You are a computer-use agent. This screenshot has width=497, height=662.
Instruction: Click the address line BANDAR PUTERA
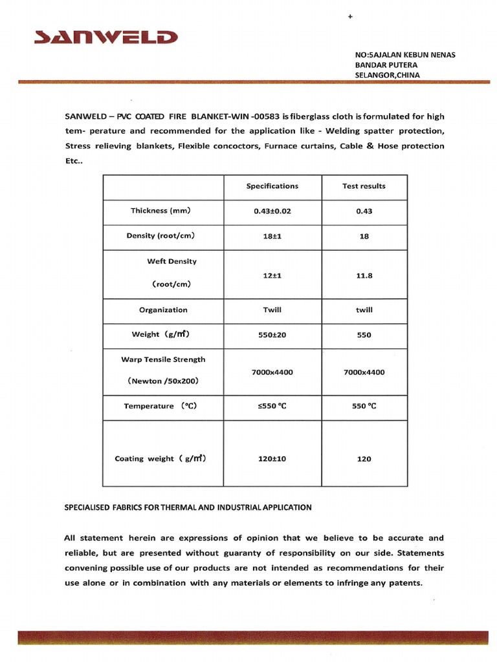(x=386, y=65)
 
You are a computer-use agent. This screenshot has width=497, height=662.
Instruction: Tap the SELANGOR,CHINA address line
(x=387, y=75)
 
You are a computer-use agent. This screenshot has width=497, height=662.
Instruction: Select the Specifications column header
(x=272, y=186)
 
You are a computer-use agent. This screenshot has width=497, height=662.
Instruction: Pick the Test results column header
(x=364, y=186)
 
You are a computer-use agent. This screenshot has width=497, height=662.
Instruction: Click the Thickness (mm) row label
(x=160, y=211)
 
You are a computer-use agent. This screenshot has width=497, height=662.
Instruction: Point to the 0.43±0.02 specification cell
(x=272, y=211)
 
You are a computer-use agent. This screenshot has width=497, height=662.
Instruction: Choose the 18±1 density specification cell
(x=272, y=237)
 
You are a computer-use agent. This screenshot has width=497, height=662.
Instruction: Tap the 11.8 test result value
(x=364, y=275)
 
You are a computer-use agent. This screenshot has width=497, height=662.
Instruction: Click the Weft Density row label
(x=171, y=261)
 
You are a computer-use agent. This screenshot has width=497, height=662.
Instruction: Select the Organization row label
(x=163, y=310)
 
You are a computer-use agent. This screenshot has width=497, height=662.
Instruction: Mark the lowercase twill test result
(x=364, y=310)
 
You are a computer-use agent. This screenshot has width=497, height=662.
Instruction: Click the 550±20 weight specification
(x=272, y=335)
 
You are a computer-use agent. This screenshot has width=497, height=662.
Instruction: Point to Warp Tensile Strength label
(x=163, y=359)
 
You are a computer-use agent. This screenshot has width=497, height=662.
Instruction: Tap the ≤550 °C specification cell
(x=272, y=407)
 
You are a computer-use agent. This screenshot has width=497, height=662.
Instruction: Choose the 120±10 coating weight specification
(x=272, y=459)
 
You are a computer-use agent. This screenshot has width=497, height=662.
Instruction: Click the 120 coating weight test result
(x=364, y=459)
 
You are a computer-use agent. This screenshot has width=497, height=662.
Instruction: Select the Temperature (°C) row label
(x=160, y=406)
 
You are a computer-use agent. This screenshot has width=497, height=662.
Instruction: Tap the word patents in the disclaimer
(x=405, y=583)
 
